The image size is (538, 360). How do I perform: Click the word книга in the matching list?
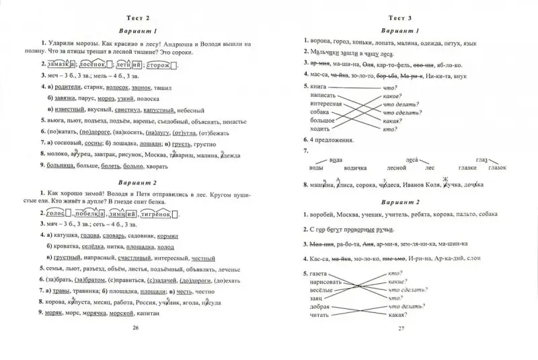(x=320, y=87)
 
